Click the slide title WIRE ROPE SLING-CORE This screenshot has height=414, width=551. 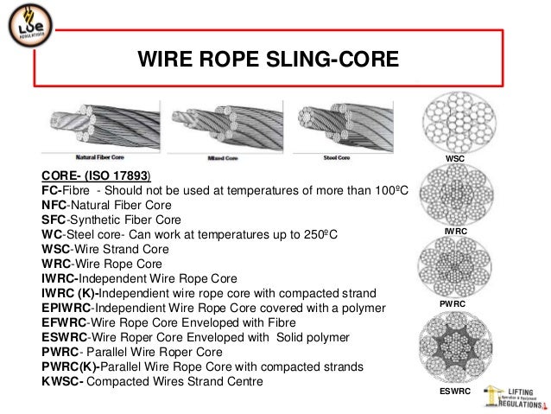pos(269,60)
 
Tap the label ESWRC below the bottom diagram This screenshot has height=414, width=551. pos(454,392)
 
